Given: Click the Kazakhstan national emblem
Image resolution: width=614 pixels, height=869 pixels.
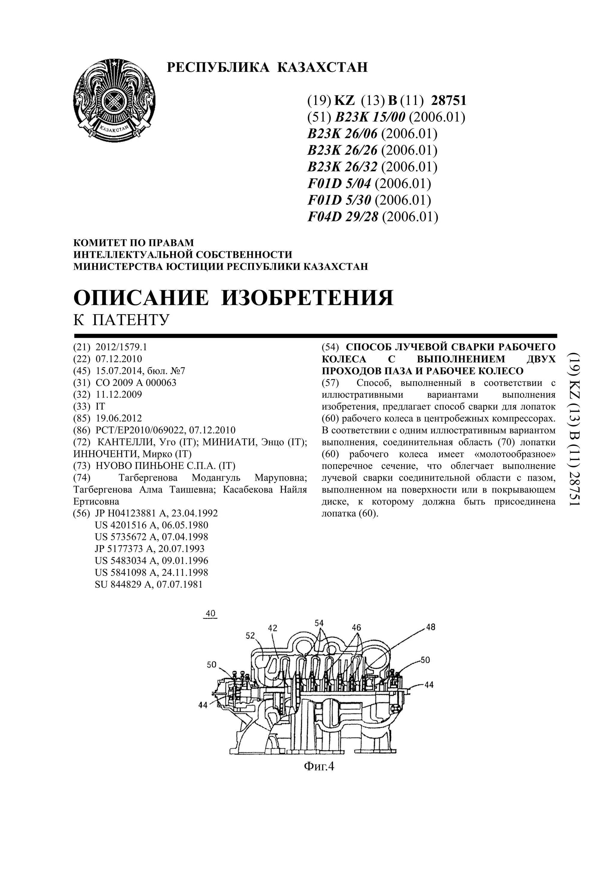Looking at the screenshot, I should [x=114, y=100].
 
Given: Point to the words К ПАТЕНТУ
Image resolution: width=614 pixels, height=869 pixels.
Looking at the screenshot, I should [x=121, y=320].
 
